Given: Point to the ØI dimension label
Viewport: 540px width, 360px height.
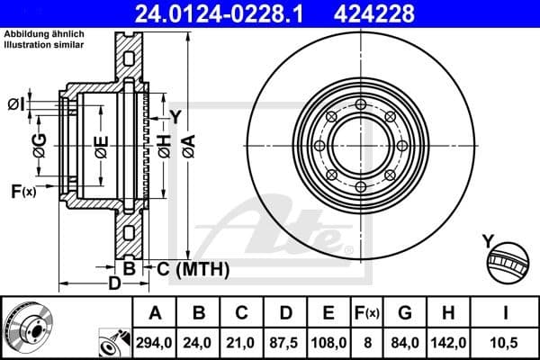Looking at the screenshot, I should (15, 104).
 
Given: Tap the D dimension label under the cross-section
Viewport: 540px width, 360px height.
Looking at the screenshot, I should (114, 285).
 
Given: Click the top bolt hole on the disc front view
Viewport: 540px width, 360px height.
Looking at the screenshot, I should (361, 105).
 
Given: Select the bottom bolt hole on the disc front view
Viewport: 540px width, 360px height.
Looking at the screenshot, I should (361, 187).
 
